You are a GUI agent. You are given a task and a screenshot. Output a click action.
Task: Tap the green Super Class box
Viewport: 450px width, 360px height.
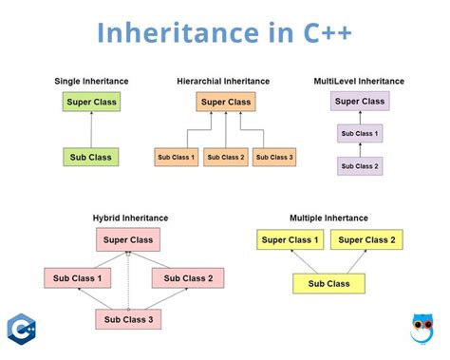(92, 102)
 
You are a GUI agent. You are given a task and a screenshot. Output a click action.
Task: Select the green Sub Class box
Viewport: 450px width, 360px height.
(92, 156)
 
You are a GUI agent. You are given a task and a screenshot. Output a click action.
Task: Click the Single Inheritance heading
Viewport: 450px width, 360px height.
(92, 81)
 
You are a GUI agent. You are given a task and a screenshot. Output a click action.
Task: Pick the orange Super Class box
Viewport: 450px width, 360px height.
(226, 102)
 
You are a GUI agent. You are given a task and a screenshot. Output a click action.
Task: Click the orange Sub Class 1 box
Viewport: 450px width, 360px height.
(177, 156)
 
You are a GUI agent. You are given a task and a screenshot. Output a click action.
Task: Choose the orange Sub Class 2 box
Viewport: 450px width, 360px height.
(226, 156)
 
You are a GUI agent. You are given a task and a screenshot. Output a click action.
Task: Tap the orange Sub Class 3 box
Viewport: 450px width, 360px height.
(275, 156)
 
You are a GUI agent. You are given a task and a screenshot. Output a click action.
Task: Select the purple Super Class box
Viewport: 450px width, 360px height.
(360, 101)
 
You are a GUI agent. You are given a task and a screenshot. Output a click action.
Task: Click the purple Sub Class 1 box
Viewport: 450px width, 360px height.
(360, 134)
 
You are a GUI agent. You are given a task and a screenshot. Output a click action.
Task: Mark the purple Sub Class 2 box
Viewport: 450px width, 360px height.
(360, 166)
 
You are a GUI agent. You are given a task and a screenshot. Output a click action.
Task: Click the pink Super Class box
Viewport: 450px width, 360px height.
(128, 240)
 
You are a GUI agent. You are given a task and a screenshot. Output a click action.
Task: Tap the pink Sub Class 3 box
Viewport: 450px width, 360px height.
(128, 319)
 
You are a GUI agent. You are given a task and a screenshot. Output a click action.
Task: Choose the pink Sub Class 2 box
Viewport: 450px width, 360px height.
(188, 278)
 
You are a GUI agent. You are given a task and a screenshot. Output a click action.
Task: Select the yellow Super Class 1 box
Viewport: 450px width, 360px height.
(291, 240)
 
